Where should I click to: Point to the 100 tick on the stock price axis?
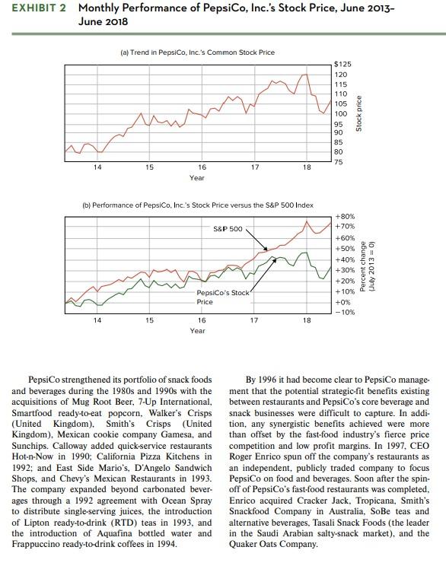point(341,113)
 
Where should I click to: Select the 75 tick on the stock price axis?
point(340,164)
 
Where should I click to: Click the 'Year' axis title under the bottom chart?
point(197,331)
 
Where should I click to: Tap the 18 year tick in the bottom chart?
point(306,320)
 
